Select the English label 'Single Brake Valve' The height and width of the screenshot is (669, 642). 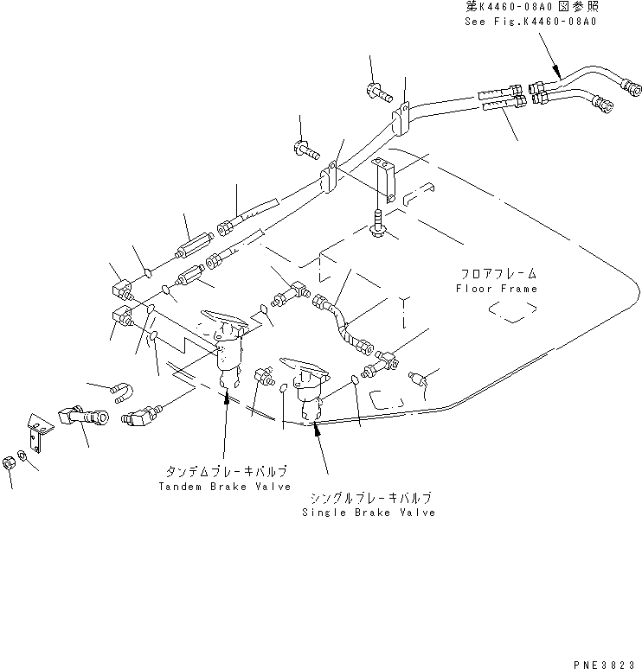(369, 513)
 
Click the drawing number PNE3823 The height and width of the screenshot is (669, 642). (605, 659)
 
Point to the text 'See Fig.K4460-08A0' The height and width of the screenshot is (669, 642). (536, 21)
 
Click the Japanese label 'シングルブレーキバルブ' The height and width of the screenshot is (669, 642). (369, 498)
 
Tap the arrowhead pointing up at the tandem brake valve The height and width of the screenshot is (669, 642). (226, 396)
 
